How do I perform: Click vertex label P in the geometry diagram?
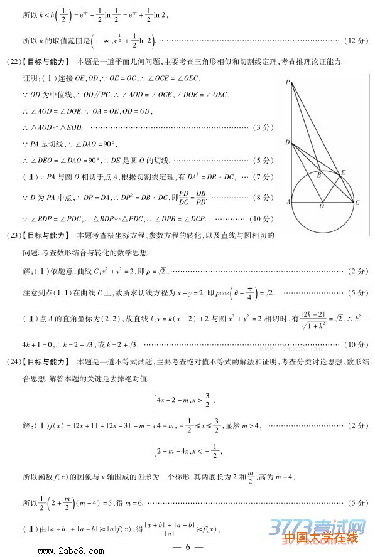pos(286,82)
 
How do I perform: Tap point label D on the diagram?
pos(287,142)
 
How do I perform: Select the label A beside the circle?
pos(288,203)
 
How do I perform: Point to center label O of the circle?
pos(322,206)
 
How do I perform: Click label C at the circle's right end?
pos(357,203)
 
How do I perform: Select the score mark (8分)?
pos(263,198)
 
